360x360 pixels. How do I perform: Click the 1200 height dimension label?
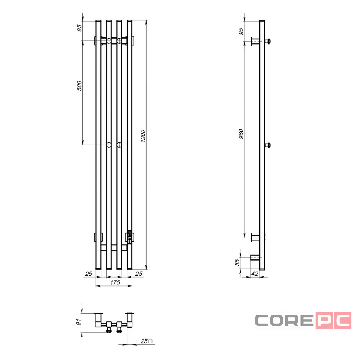(x=143, y=136)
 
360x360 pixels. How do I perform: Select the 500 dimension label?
(x=79, y=86)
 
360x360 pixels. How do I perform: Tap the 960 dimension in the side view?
(x=241, y=134)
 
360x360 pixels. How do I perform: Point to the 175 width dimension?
(x=115, y=282)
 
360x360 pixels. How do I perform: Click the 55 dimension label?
(x=237, y=262)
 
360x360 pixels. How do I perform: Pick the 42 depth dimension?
(x=255, y=274)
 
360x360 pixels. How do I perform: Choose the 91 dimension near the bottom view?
(x=79, y=322)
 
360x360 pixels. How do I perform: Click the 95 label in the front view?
(x=79, y=28)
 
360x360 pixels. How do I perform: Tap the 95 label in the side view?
(x=241, y=31)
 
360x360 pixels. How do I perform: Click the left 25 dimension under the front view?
(x=89, y=274)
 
